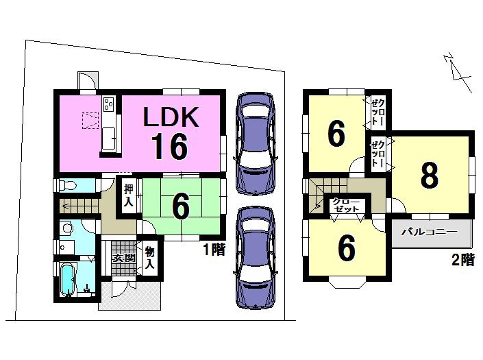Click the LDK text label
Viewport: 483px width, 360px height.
click(x=170, y=118)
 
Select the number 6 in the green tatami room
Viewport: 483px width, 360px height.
click(x=180, y=208)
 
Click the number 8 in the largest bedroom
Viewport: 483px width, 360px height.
click(x=429, y=176)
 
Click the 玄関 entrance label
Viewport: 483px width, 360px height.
click(x=123, y=259)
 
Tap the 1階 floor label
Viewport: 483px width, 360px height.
click(x=214, y=250)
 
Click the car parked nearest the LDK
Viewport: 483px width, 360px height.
click(x=254, y=142)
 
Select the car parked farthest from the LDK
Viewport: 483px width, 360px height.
click(x=254, y=259)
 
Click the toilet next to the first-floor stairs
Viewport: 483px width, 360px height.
click(x=67, y=186)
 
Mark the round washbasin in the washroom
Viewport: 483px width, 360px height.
click(x=67, y=229)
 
